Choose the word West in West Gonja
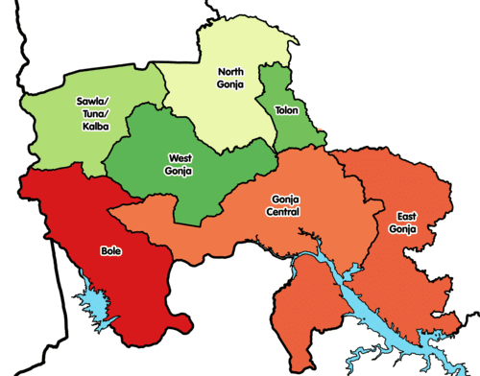(180, 157)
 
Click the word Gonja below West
(180, 171)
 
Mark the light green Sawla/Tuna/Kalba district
(58, 134)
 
